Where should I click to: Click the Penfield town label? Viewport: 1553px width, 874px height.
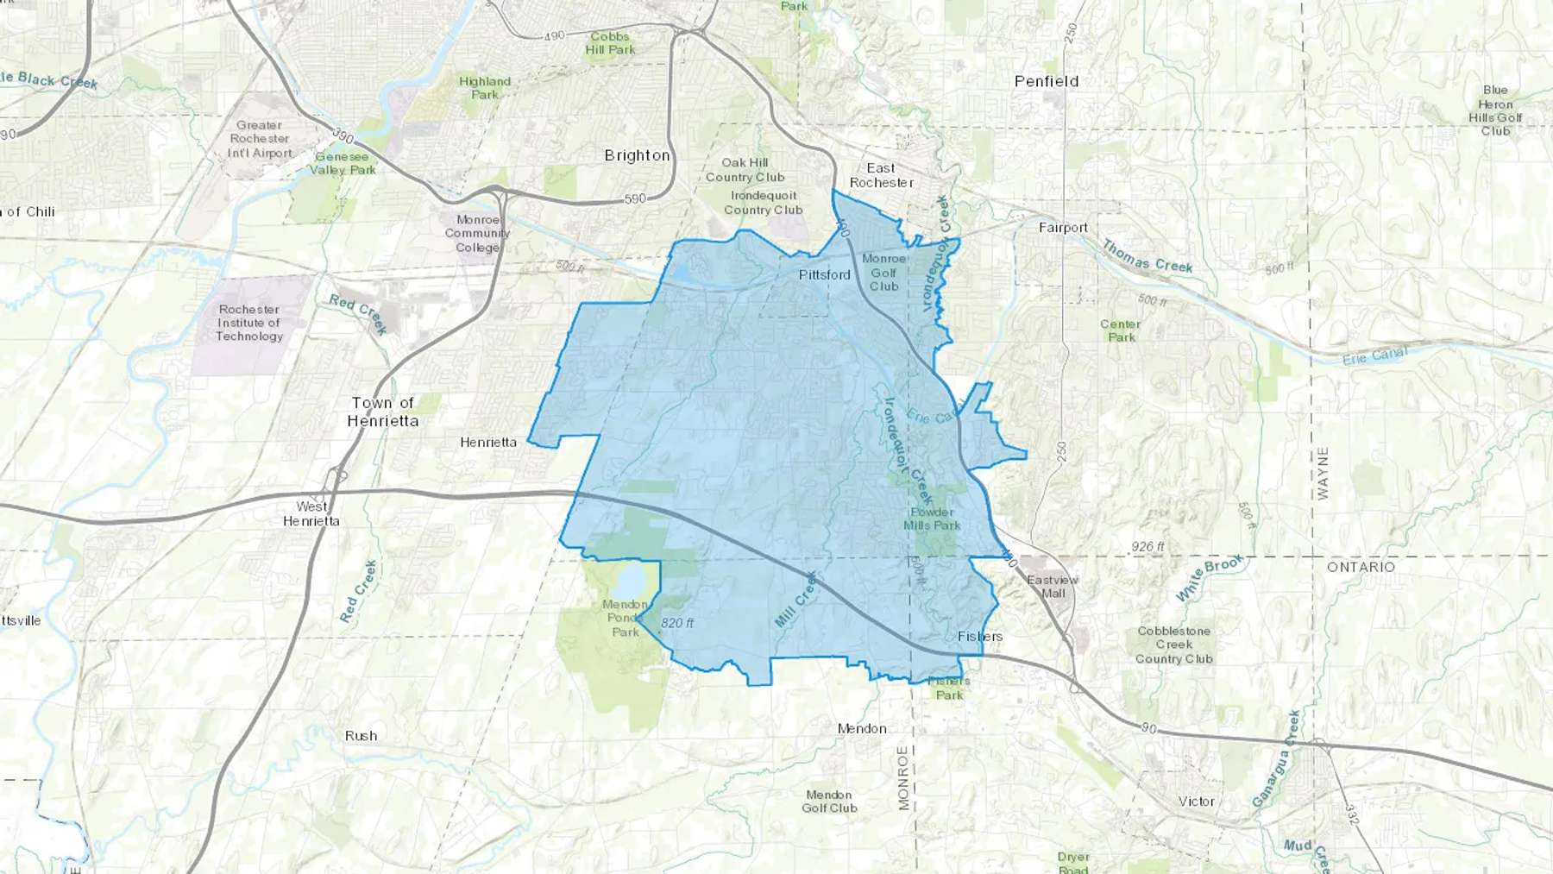tap(1046, 81)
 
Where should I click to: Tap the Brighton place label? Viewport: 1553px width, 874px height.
tap(637, 155)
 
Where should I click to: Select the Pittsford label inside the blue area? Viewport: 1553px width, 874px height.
tap(824, 274)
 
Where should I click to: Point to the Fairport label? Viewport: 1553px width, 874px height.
tap(1063, 228)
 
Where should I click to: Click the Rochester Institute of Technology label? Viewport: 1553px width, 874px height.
tap(249, 323)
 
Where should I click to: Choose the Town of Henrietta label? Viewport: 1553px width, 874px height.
tap(383, 412)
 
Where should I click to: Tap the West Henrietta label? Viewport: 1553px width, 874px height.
tap(311, 513)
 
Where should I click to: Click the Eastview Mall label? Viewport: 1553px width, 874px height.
tap(1053, 587)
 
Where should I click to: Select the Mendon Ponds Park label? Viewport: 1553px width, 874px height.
tap(626, 618)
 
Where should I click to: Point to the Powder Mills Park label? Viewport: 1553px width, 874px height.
tap(932, 519)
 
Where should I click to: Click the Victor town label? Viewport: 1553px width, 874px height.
tap(1197, 802)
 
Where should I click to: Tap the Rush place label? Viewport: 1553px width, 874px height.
tap(361, 736)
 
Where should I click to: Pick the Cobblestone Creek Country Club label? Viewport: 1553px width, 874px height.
tap(1173, 644)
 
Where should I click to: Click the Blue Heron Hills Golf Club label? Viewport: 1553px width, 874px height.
tap(1495, 110)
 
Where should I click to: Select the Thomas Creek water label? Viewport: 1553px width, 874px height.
tap(1147, 257)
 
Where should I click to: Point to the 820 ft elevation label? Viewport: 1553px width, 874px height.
tap(677, 623)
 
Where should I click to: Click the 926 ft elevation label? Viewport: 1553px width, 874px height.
tap(1147, 547)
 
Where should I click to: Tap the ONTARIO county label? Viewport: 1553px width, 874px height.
tap(1361, 567)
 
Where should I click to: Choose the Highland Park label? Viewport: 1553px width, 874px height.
tap(485, 88)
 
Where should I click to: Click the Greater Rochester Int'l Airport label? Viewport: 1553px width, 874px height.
tap(260, 139)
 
